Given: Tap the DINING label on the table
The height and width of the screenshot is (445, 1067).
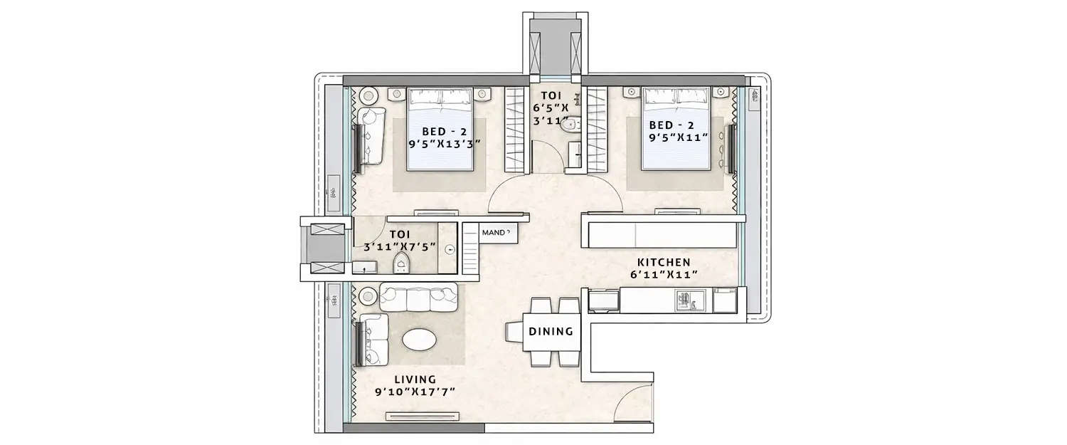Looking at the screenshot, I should [551, 331].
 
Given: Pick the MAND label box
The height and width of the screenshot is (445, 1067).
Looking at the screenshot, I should [495, 233].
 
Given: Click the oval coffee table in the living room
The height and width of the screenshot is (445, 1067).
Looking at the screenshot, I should [420, 340].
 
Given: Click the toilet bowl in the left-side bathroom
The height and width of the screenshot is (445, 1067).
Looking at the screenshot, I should [402, 266].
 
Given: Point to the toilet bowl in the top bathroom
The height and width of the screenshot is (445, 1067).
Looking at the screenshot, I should [570, 126].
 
